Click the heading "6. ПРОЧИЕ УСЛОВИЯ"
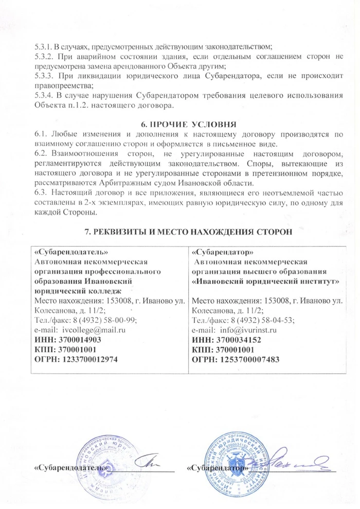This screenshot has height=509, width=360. click(x=188, y=124)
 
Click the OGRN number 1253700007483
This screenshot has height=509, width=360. click(x=241, y=359)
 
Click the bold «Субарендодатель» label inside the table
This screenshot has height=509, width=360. click(x=70, y=252)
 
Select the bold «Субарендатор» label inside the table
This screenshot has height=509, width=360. click(x=222, y=252)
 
